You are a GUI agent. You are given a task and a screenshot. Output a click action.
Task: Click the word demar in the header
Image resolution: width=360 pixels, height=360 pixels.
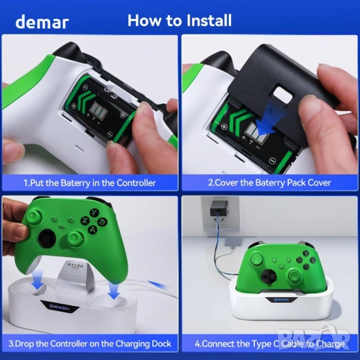click(42, 21)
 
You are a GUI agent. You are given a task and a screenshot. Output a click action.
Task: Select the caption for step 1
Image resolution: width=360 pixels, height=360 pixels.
click(90, 182)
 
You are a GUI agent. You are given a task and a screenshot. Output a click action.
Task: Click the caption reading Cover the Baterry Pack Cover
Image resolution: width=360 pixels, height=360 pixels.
click(269, 182)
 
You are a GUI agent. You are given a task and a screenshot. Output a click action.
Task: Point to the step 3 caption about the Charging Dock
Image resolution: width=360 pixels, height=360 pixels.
click(90, 343)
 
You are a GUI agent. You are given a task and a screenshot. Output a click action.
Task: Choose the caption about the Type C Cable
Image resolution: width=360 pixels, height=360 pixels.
click(269, 343)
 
